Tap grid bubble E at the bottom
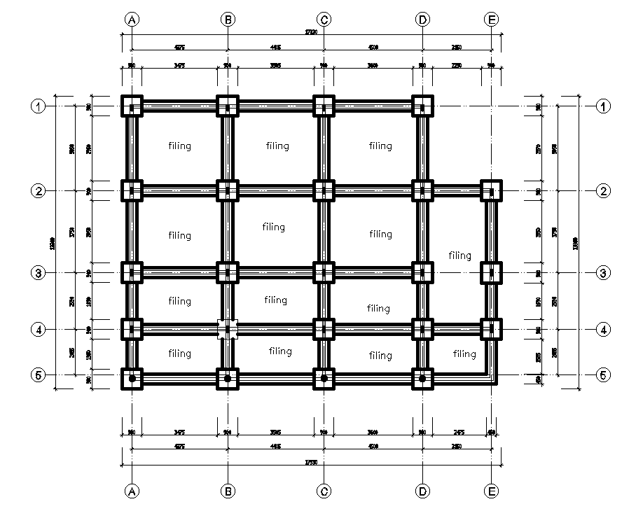tap(492, 491)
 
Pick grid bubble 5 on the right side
tap(602, 374)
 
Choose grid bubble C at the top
tap(324, 20)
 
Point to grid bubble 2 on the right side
tap(602, 190)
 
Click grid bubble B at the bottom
tap(228, 491)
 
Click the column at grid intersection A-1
tap(132, 106)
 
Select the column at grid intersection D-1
tap(422, 106)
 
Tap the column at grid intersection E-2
tap(492, 190)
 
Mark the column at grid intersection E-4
tap(492, 328)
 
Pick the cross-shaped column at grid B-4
tap(228, 328)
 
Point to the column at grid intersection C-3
tap(324, 272)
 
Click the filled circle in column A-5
tap(132, 379)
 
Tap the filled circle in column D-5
tap(422, 379)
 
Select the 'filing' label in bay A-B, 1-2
tap(180, 146)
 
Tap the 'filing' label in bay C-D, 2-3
tap(380, 234)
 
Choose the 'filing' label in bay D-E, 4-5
tap(464, 354)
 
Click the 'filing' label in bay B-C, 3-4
tap(275, 300)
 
